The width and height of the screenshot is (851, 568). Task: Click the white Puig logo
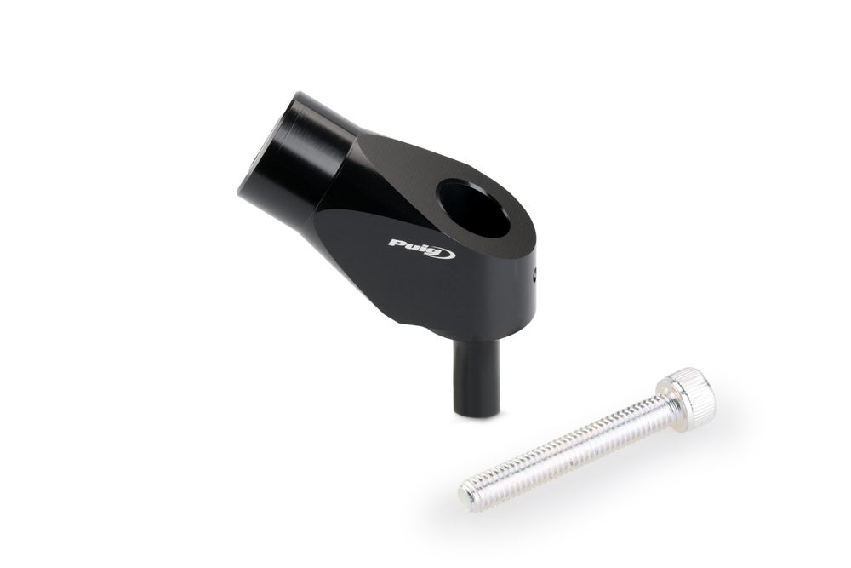tap(422, 248)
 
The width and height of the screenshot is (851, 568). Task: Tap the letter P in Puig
tap(397, 244)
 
